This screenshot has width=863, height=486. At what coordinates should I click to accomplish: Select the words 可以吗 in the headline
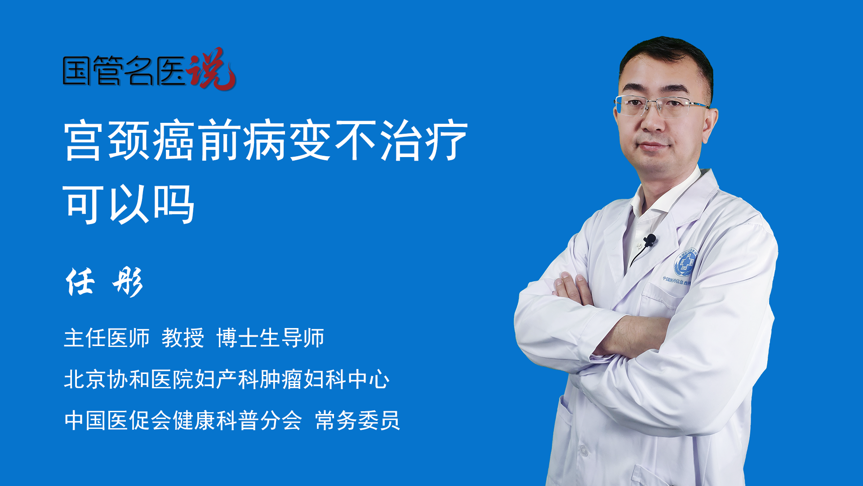[x=129, y=204]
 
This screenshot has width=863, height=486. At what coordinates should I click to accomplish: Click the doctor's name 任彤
[x=104, y=282]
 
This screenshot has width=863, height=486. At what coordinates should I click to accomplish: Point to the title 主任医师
[x=107, y=337]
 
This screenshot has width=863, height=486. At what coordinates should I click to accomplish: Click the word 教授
[x=183, y=337]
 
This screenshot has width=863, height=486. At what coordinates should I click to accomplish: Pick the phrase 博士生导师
[x=270, y=337]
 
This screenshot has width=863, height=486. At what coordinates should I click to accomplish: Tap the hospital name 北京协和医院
[x=129, y=379]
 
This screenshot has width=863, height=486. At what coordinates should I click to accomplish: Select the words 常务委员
[x=357, y=420]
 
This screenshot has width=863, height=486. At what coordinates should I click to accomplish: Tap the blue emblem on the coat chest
[x=685, y=263]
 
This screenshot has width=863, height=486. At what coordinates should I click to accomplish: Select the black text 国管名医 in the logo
[x=124, y=71]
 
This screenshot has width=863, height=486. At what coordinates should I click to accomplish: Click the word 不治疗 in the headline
[x=401, y=140]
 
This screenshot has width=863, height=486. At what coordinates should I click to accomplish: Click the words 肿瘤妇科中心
[x=324, y=379]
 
